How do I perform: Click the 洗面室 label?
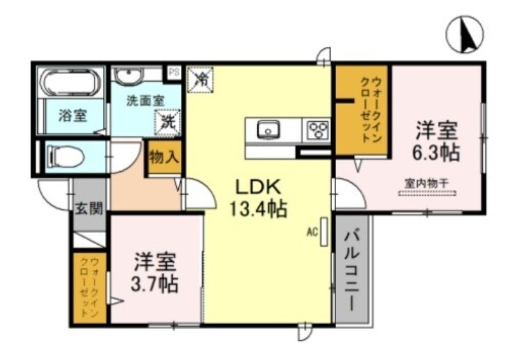point(144,100)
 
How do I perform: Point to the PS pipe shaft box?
point(173,73)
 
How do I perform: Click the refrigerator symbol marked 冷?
point(201,80)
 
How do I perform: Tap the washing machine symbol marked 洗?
point(167,120)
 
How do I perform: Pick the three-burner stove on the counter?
point(317,130)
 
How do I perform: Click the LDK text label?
point(257,186)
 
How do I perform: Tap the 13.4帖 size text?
point(257,209)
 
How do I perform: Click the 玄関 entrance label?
point(88,207)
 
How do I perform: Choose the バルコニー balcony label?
point(351,270)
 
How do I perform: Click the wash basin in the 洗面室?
point(129,76)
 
